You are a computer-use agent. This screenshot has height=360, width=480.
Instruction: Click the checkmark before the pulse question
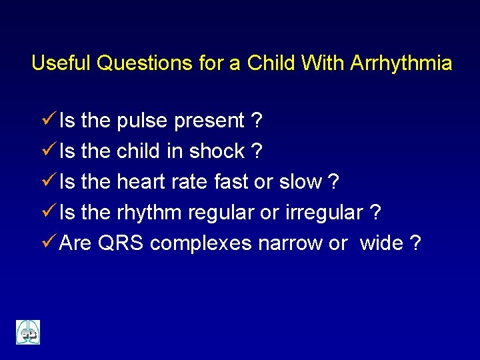(x=48, y=120)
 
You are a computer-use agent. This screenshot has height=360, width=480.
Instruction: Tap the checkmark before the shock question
(x=48, y=151)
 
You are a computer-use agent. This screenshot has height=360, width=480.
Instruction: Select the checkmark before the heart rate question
(x=48, y=181)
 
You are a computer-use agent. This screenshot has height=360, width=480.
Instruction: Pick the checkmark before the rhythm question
(x=48, y=212)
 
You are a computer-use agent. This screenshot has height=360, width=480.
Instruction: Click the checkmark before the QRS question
(x=48, y=243)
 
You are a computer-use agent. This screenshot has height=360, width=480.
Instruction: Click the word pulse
(x=142, y=121)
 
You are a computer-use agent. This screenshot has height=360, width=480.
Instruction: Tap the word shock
(x=217, y=152)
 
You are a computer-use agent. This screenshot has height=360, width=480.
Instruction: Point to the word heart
(x=141, y=182)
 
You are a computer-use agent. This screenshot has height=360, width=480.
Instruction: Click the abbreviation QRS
(x=121, y=243)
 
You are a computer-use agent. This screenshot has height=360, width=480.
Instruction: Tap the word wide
(x=381, y=243)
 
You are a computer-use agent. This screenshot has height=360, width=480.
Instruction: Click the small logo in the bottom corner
(x=28, y=332)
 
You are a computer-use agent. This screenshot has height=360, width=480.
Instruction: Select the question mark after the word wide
(x=416, y=243)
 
